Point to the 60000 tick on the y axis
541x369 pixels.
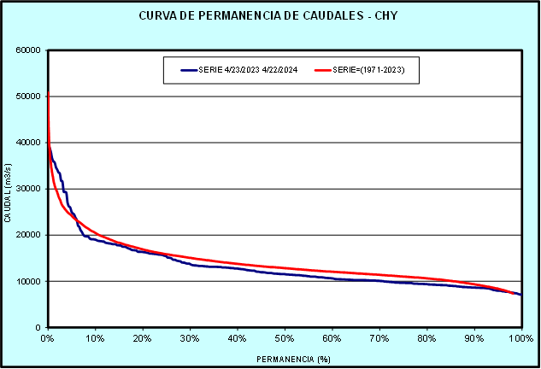[29, 50]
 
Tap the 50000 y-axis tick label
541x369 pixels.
[29, 96]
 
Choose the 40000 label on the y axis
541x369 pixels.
[29, 143]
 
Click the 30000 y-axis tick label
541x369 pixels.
[29, 189]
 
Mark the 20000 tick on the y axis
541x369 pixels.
[29, 235]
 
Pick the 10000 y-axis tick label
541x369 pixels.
[29, 281]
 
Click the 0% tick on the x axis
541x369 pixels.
[48, 338]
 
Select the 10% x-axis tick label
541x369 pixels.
[95, 338]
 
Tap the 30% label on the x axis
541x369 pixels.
[190, 338]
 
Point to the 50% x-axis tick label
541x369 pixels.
[285, 338]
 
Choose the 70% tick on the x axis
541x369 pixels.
[379, 338]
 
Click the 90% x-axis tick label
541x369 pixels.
[474, 338]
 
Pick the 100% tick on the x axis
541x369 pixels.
[520, 338]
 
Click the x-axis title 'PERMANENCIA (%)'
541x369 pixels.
[285, 359]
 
